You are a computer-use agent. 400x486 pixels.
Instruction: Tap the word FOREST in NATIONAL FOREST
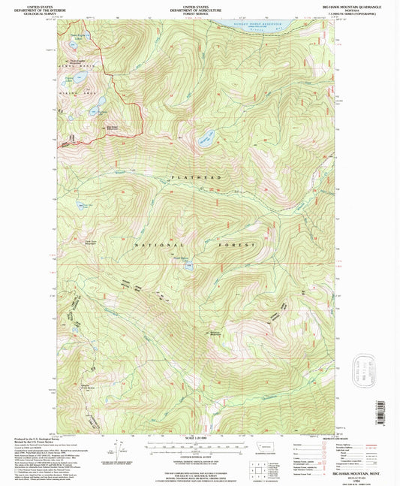[238, 246]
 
